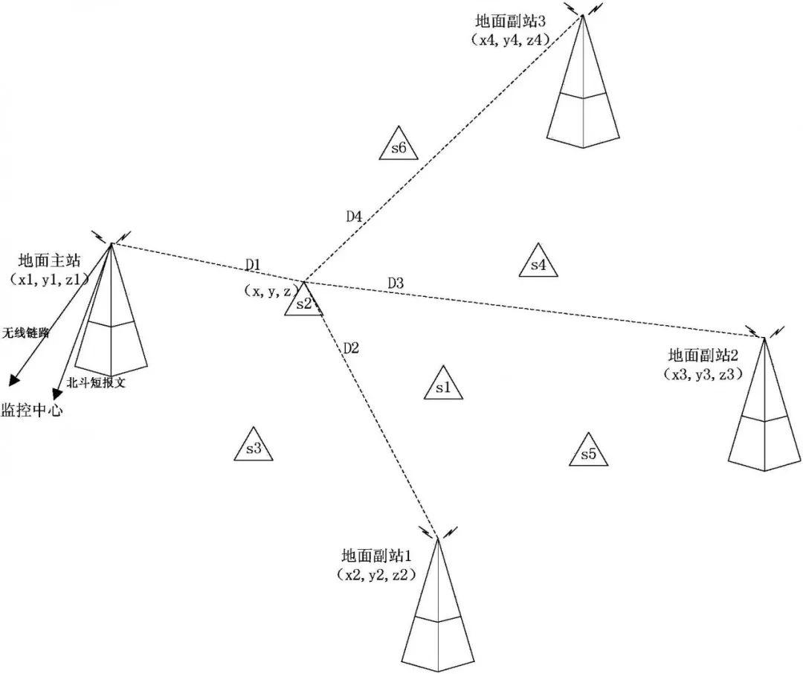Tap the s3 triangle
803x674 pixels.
coord(254,446)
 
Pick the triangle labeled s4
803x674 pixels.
coord(538,263)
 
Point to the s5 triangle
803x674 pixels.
coord(589,452)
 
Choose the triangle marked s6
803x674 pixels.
coord(398,146)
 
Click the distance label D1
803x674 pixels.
coord(254,264)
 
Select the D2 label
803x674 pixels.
coord(351,347)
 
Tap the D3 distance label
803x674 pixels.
coord(396,283)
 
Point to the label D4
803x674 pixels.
coord(354,216)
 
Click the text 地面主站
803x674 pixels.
coord(49,261)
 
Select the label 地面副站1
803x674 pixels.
coord(376,556)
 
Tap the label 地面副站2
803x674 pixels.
coord(703,355)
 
